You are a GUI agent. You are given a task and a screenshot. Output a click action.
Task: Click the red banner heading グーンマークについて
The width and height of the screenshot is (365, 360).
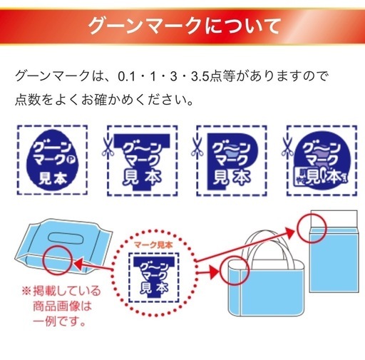point(184,26)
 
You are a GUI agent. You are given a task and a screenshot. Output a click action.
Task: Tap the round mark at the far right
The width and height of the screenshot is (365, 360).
point(322,160)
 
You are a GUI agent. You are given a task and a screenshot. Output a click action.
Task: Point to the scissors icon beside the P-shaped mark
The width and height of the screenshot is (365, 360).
point(197,148)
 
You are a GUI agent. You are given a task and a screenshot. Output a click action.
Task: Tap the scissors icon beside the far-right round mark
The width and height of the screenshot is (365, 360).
point(287,148)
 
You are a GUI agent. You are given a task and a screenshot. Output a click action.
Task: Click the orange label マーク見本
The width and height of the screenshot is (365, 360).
point(153,245)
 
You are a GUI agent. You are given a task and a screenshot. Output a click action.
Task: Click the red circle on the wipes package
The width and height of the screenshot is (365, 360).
point(57,260)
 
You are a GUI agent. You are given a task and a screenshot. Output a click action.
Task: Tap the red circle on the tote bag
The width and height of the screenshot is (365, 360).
point(235,270)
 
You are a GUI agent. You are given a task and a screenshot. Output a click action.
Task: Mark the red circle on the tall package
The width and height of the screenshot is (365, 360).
point(312,228)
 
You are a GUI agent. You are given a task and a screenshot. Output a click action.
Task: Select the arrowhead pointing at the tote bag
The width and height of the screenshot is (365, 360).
point(213,272)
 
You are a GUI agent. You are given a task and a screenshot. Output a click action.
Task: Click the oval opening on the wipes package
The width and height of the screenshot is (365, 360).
point(66,238)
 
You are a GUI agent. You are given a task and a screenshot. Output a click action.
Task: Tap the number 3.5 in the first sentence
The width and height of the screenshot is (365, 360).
point(200,77)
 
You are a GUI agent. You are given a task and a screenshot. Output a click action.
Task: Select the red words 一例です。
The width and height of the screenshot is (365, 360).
point(59,322)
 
